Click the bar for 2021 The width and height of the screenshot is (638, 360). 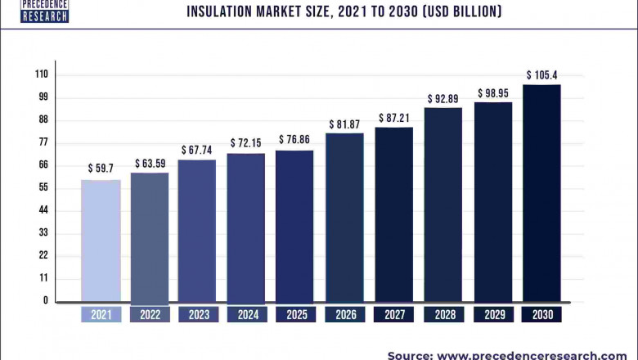[x=101, y=241]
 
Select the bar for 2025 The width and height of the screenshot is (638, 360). [x=294, y=226]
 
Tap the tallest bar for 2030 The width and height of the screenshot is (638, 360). [x=541, y=193]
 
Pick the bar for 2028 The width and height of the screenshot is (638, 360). [x=443, y=205]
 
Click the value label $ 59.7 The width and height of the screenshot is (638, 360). [x=101, y=169]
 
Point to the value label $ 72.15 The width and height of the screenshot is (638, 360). [x=245, y=142]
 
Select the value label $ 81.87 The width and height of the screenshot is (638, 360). [x=345, y=124]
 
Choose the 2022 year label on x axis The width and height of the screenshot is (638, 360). [x=150, y=314]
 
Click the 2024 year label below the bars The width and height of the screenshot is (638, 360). [x=246, y=314]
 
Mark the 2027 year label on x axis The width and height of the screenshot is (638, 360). [x=394, y=314]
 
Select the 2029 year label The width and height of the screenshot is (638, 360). [x=493, y=314]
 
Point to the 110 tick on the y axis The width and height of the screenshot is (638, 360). [x=41, y=74]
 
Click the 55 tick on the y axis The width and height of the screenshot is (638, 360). [x=43, y=187]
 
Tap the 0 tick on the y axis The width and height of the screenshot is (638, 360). [x=46, y=300]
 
